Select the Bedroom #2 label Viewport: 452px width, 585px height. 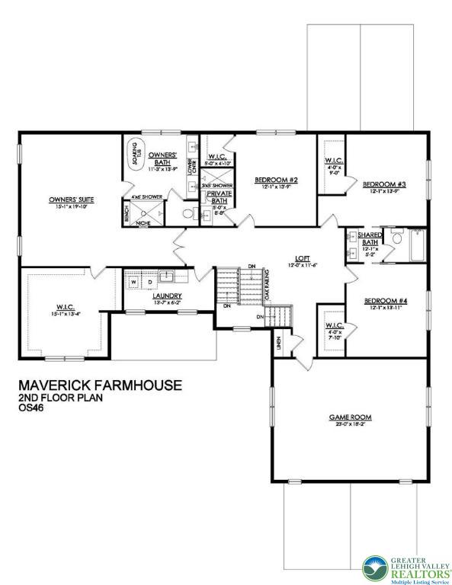tap(274, 180)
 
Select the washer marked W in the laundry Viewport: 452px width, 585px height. tap(134, 282)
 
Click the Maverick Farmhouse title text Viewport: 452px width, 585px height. tap(99, 385)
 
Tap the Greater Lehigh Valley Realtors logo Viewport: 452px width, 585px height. tap(403, 567)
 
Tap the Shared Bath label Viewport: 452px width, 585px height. tap(370, 238)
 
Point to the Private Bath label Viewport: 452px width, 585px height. tap(219, 197)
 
